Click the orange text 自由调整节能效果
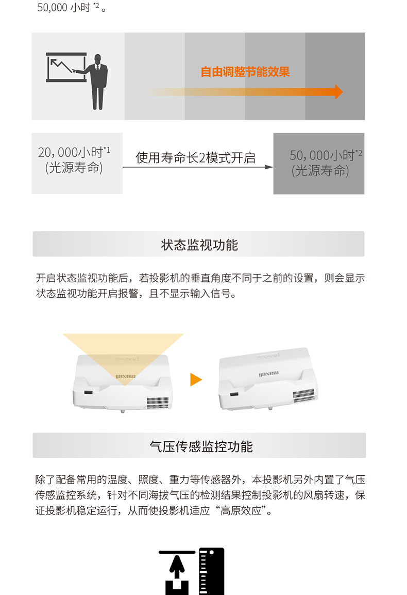[245, 72]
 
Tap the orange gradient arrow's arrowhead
[339, 92]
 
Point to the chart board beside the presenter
[66, 67]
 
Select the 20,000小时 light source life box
[77, 163]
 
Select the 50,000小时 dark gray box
[319, 164]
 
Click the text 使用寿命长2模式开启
[196, 157]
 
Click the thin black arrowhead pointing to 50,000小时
[269, 167]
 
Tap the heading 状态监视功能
[199, 245]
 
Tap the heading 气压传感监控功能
[201, 446]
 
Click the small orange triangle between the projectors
[196, 379]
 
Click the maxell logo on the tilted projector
[269, 374]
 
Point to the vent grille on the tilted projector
[304, 395]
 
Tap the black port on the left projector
[88, 392]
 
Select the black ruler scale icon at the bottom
[211, 571]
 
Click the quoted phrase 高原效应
[241, 510]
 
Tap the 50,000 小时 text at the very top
[64, 8]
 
